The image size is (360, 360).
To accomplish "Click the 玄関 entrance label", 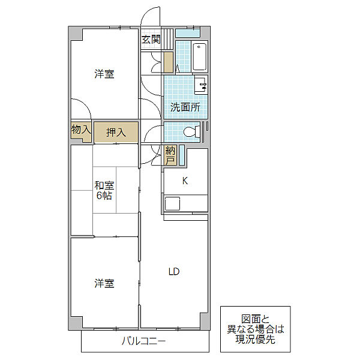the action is click(x=151, y=40).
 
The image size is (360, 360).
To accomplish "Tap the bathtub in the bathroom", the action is click(x=199, y=57).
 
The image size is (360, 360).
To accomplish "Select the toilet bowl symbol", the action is click(x=192, y=132).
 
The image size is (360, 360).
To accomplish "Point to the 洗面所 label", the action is click(x=185, y=107).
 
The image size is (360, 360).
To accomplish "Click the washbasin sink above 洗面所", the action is click(x=201, y=84).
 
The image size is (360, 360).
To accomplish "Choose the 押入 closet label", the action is click(x=116, y=132).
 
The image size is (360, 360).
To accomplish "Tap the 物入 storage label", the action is click(x=81, y=130).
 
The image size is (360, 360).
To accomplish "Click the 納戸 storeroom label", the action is click(x=170, y=156).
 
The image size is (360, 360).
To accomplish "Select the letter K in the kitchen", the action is click(x=185, y=181).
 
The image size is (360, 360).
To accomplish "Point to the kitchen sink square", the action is click(x=172, y=203).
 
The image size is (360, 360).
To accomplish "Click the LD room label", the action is click(x=174, y=272).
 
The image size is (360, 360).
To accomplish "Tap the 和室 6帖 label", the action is click(x=104, y=191).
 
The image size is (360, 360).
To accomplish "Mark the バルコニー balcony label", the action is click(x=143, y=341).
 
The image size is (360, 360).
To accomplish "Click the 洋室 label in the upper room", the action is click(x=104, y=74).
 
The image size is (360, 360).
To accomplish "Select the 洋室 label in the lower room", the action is click(x=104, y=284).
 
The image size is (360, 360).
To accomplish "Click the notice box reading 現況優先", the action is click(x=256, y=329).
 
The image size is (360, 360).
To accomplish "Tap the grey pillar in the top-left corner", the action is click(x=76, y=34).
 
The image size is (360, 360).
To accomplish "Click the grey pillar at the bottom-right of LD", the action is click(x=204, y=321).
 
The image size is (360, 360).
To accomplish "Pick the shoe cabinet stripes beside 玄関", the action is click(x=168, y=39).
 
